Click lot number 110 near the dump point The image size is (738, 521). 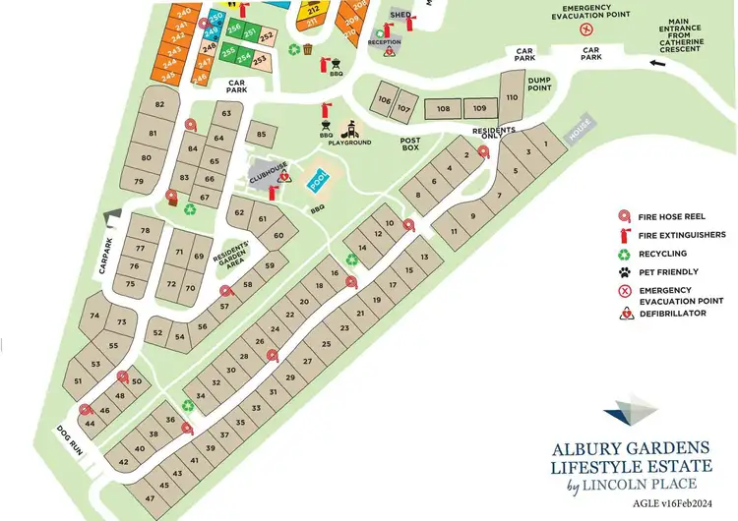tap(512, 98)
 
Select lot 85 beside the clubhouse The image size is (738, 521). tap(261, 135)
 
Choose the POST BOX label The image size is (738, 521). tap(410, 146)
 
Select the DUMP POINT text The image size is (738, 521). tap(540, 85)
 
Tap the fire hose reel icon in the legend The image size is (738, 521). tap(623, 216)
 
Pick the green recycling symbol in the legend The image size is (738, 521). tap(623, 253)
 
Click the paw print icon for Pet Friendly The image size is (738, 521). tap(623, 271)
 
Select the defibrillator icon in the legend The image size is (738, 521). tap(623, 314)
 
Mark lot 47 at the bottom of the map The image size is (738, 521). tap(150, 498)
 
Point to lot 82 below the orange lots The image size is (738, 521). tap(159, 104)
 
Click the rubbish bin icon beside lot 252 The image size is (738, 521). tap(308, 49)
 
